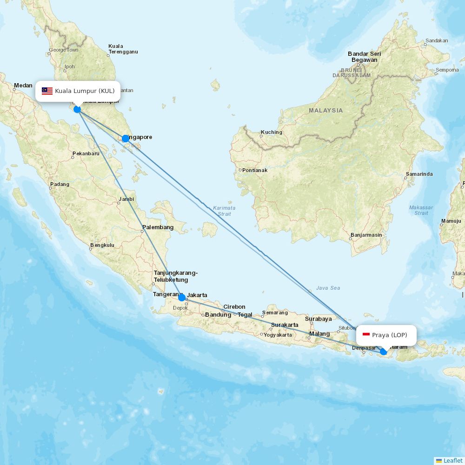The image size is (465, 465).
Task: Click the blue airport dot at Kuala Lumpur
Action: pos(77,109)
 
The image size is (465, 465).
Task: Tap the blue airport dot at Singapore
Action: pos(126,139)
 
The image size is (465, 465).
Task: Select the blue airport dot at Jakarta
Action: pos(182,298)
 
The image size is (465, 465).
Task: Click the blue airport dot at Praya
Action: pos(383,352)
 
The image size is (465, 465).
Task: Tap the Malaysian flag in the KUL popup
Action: pos(47,91)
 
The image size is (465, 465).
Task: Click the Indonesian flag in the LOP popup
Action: pos(366,335)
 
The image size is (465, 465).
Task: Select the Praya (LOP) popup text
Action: pos(389,335)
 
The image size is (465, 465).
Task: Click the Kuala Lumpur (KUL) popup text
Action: pos(85,91)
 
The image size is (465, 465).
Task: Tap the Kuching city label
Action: pos(271,132)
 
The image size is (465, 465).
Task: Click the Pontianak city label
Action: pos(255,170)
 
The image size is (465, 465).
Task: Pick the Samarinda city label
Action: pos(419,174)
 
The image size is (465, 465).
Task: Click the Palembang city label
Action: pos(158,227)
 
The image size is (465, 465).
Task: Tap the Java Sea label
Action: pos(328,288)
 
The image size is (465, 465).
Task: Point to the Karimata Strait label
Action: pos(224,211)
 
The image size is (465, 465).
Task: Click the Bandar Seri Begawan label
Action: pos(364,57)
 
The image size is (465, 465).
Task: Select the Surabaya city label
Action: pos(319,319)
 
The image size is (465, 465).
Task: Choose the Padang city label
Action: pos(60,184)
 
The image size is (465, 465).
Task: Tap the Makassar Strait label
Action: pos(421,210)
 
